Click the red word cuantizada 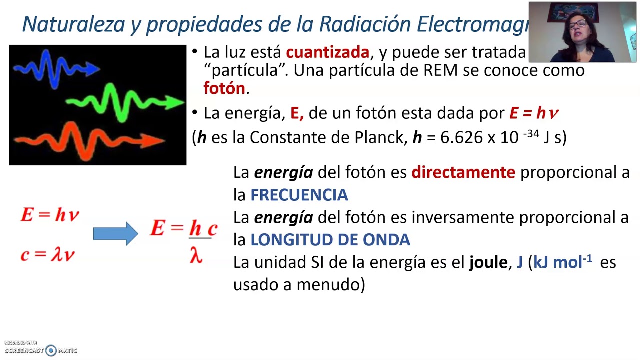tap(327, 52)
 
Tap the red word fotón tap(224, 88)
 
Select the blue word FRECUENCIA tap(299, 195)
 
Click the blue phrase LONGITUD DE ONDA tap(330, 240)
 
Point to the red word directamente tap(463, 172)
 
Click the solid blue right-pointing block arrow tap(115, 233)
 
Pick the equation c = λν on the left tap(48, 255)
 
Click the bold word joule tap(488, 262)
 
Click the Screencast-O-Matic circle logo tap(51, 350)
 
